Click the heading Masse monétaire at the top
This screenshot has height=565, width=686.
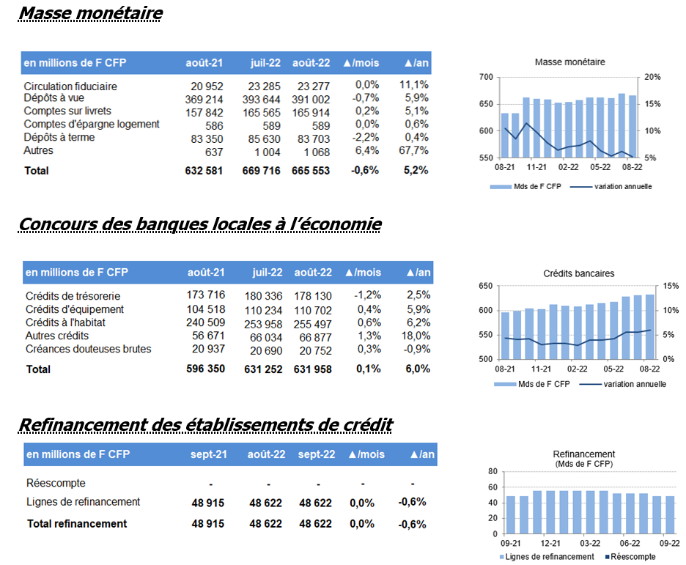(x=91, y=13)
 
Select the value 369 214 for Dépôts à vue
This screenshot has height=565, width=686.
(x=204, y=100)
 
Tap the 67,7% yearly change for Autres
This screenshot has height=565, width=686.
(x=413, y=150)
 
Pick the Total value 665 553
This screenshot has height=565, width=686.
(x=311, y=171)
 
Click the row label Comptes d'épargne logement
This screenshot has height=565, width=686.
(x=92, y=124)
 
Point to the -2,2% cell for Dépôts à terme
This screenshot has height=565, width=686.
(x=365, y=137)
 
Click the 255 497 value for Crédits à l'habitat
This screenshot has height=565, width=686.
(x=313, y=325)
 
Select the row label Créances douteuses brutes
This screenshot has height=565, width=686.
(x=89, y=349)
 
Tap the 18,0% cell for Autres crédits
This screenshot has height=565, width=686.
(x=416, y=336)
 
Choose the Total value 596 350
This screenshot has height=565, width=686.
(x=206, y=369)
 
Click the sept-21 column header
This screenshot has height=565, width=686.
(x=209, y=454)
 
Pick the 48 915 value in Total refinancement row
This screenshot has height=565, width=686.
(x=208, y=523)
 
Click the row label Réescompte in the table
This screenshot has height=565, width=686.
(x=56, y=483)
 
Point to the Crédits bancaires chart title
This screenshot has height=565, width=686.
(x=579, y=274)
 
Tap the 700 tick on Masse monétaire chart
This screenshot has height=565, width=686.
(x=486, y=77)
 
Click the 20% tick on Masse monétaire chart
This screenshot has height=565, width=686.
(x=652, y=77)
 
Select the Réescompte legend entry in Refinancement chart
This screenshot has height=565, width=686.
(x=630, y=557)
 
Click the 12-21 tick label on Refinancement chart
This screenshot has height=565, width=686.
(x=550, y=543)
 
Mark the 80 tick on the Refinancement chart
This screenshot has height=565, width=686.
(x=493, y=471)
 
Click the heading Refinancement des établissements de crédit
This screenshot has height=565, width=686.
(x=206, y=424)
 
